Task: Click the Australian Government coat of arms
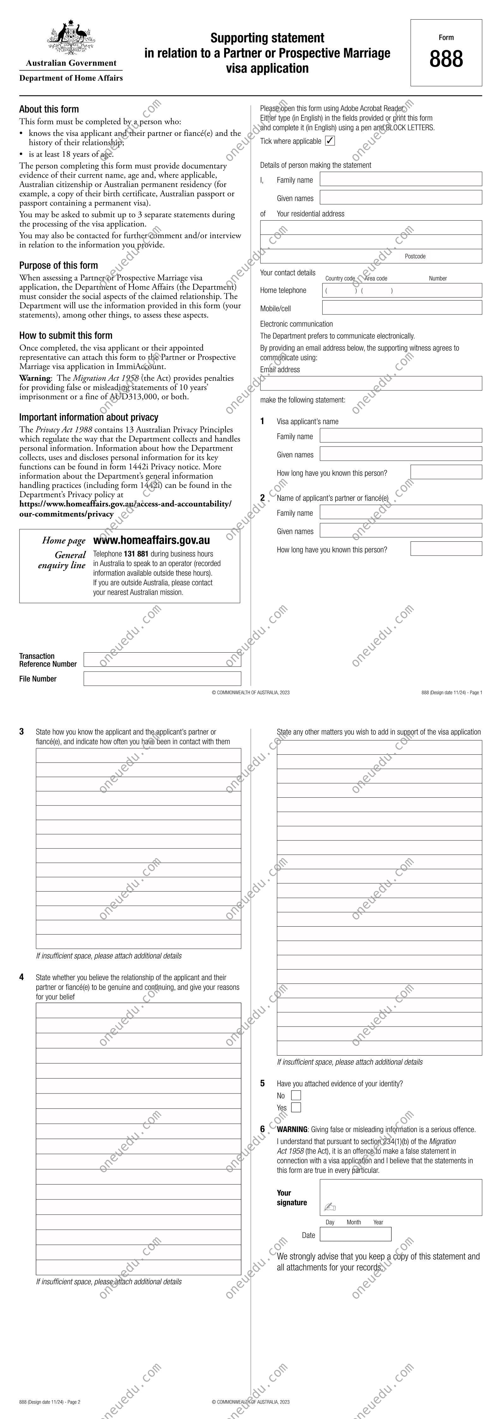pyautogui.click(x=71, y=38)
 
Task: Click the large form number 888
pyautogui.click(x=446, y=59)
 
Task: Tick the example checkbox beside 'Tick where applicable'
pyautogui.click(x=330, y=141)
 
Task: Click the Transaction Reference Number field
pyautogui.click(x=162, y=659)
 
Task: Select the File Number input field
pyautogui.click(x=162, y=679)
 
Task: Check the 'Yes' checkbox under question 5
pyautogui.click(x=296, y=1107)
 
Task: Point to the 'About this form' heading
pyautogui.click(x=49, y=109)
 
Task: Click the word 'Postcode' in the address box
pyautogui.click(x=415, y=256)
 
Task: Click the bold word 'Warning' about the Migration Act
pyautogui.click(x=35, y=378)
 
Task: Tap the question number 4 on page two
pyautogui.click(x=21, y=977)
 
